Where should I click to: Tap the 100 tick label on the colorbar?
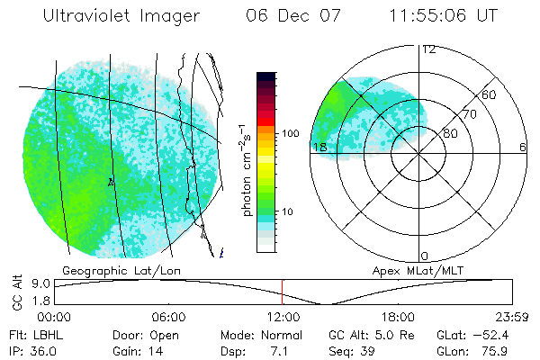[x=290, y=133]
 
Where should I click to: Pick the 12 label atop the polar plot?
[x=428, y=49]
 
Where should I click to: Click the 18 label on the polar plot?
[x=319, y=147]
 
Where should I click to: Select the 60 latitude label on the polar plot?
[x=490, y=94]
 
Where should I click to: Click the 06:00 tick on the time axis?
[x=168, y=317]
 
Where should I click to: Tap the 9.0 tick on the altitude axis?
[x=39, y=283]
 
